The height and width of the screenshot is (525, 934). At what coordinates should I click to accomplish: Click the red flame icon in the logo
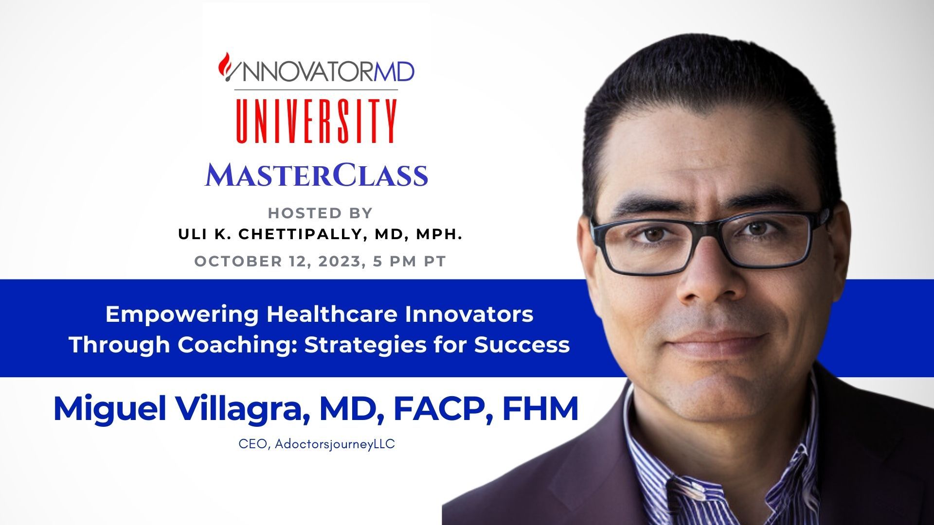pyautogui.click(x=225, y=64)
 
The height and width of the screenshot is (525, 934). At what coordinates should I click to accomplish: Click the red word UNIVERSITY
pyautogui.click(x=316, y=122)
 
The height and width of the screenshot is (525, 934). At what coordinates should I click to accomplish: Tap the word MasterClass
pyautogui.click(x=316, y=175)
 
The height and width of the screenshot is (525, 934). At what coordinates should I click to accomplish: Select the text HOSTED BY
pyautogui.click(x=320, y=213)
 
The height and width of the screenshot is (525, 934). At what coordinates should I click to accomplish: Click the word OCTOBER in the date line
pyautogui.click(x=238, y=262)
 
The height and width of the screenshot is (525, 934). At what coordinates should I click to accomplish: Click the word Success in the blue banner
pyautogui.click(x=522, y=345)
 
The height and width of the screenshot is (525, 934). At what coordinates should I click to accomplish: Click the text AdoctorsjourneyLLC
pyautogui.click(x=335, y=445)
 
